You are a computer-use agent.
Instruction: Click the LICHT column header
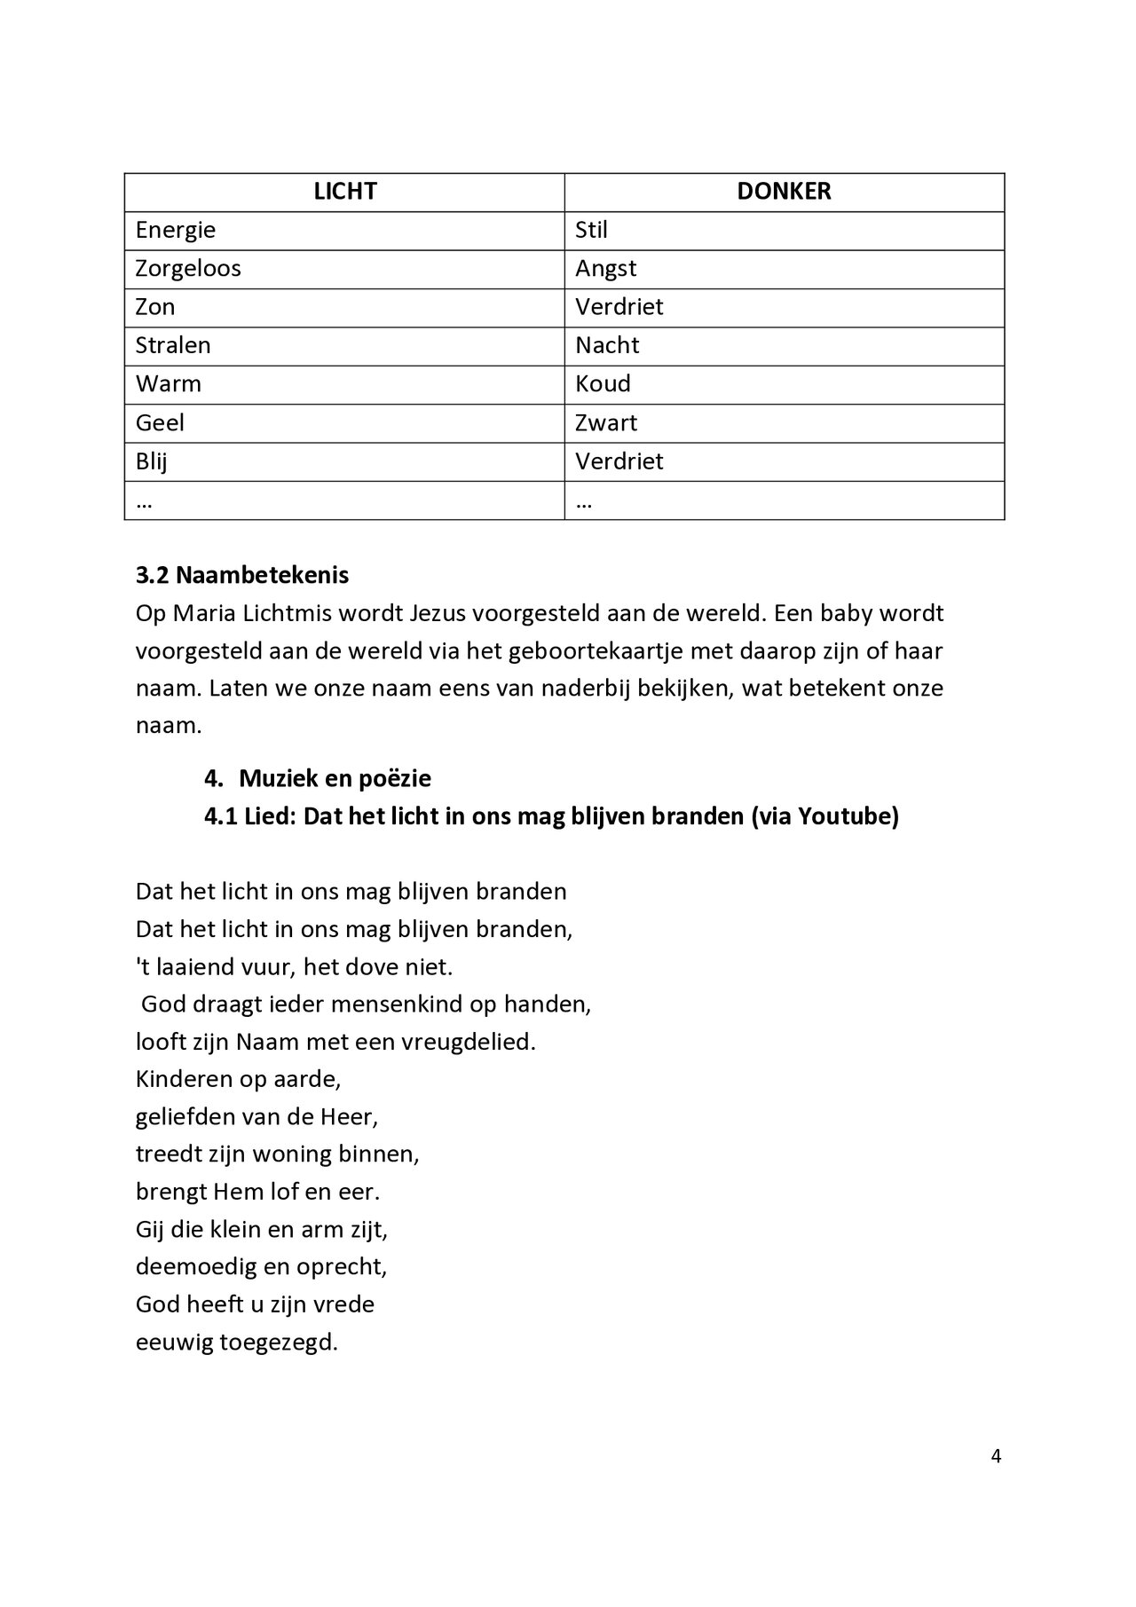coord(344,192)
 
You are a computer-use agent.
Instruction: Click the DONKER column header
coord(784,192)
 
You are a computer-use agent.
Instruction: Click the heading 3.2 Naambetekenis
coord(242,575)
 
